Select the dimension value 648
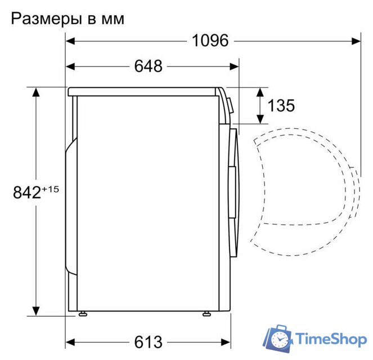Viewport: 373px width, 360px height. click(148, 66)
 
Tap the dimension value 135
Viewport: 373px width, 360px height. click(281, 105)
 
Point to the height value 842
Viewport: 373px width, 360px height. click(26, 192)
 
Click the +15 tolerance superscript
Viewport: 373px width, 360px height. click(50, 188)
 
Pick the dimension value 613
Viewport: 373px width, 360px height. click(148, 341)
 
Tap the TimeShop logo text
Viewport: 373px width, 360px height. click(331, 339)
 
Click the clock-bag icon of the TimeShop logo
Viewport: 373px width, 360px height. click(279, 339)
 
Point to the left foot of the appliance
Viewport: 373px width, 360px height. click(83, 313)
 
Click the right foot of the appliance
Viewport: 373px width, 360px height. click(206, 313)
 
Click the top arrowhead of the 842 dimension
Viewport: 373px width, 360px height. click(36, 92)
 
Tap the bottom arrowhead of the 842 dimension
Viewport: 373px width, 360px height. click(36, 310)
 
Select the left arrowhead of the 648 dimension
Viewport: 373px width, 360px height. click(70, 66)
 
